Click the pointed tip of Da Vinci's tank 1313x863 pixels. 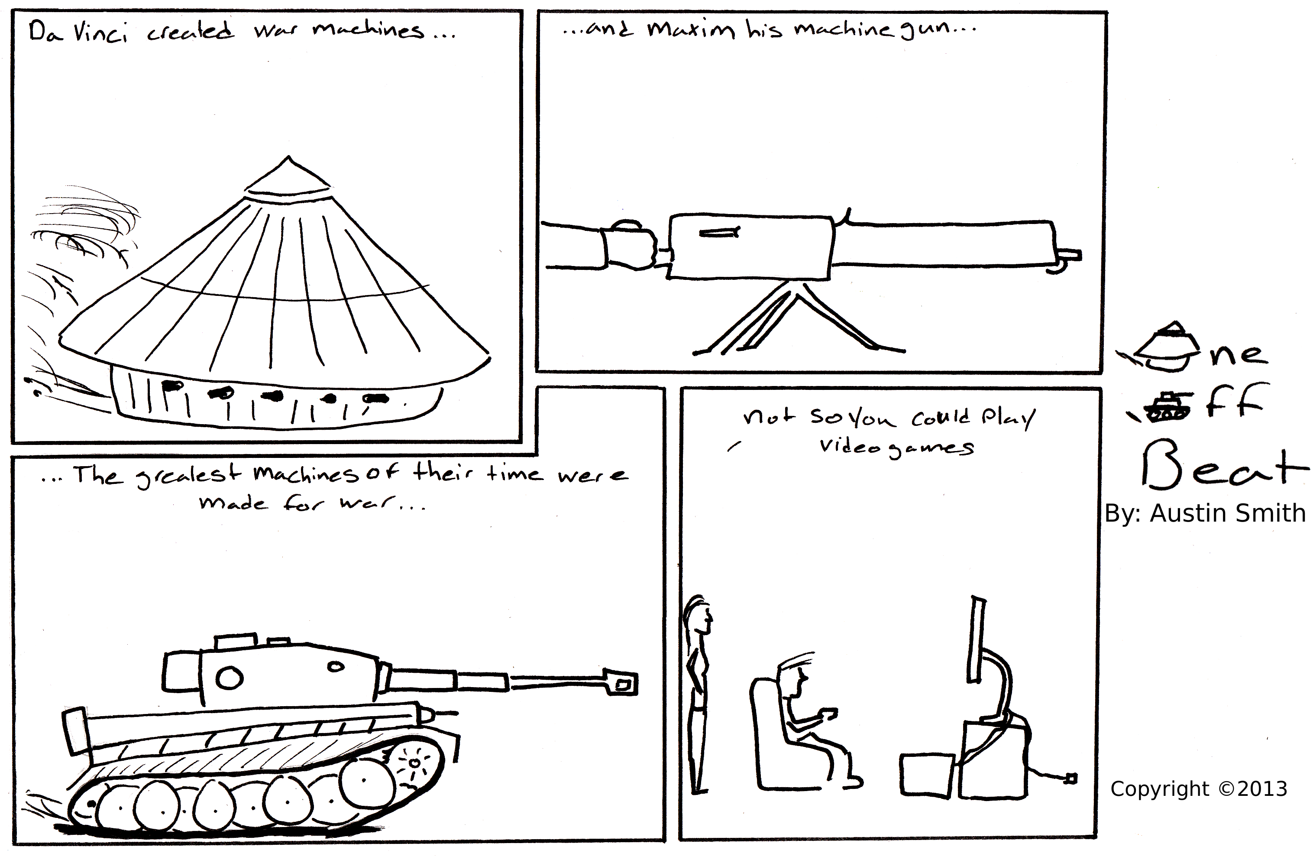288,157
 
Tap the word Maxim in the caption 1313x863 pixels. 691,29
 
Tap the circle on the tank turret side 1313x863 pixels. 230,678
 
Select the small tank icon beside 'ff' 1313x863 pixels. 1164,407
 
